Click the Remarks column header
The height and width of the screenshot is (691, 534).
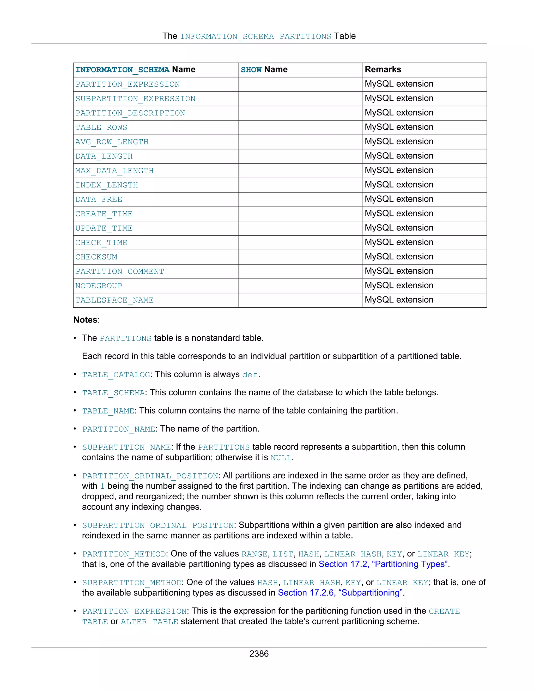coord(383,69)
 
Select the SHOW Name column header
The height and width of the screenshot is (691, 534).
coord(264,70)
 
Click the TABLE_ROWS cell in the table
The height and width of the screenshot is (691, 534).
coord(101,128)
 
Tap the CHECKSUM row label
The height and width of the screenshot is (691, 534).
coord(96,257)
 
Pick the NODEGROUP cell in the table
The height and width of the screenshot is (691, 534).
coord(99,286)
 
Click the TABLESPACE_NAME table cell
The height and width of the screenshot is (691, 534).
coord(114,300)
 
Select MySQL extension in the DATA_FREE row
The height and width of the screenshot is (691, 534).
coord(399,199)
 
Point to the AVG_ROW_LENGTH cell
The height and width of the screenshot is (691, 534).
coord(112,142)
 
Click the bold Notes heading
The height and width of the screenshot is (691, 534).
coord(86,320)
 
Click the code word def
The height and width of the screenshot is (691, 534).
coord(250,375)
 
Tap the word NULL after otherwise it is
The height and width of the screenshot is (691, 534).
coord(281,458)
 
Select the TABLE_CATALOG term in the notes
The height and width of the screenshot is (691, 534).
coord(116,375)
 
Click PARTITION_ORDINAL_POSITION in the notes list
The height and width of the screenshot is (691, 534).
coord(150,476)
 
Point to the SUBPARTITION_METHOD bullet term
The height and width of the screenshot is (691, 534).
coord(132,583)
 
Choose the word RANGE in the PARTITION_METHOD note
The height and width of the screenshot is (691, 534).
coord(254,554)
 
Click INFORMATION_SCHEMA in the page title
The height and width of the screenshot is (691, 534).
coord(227,37)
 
